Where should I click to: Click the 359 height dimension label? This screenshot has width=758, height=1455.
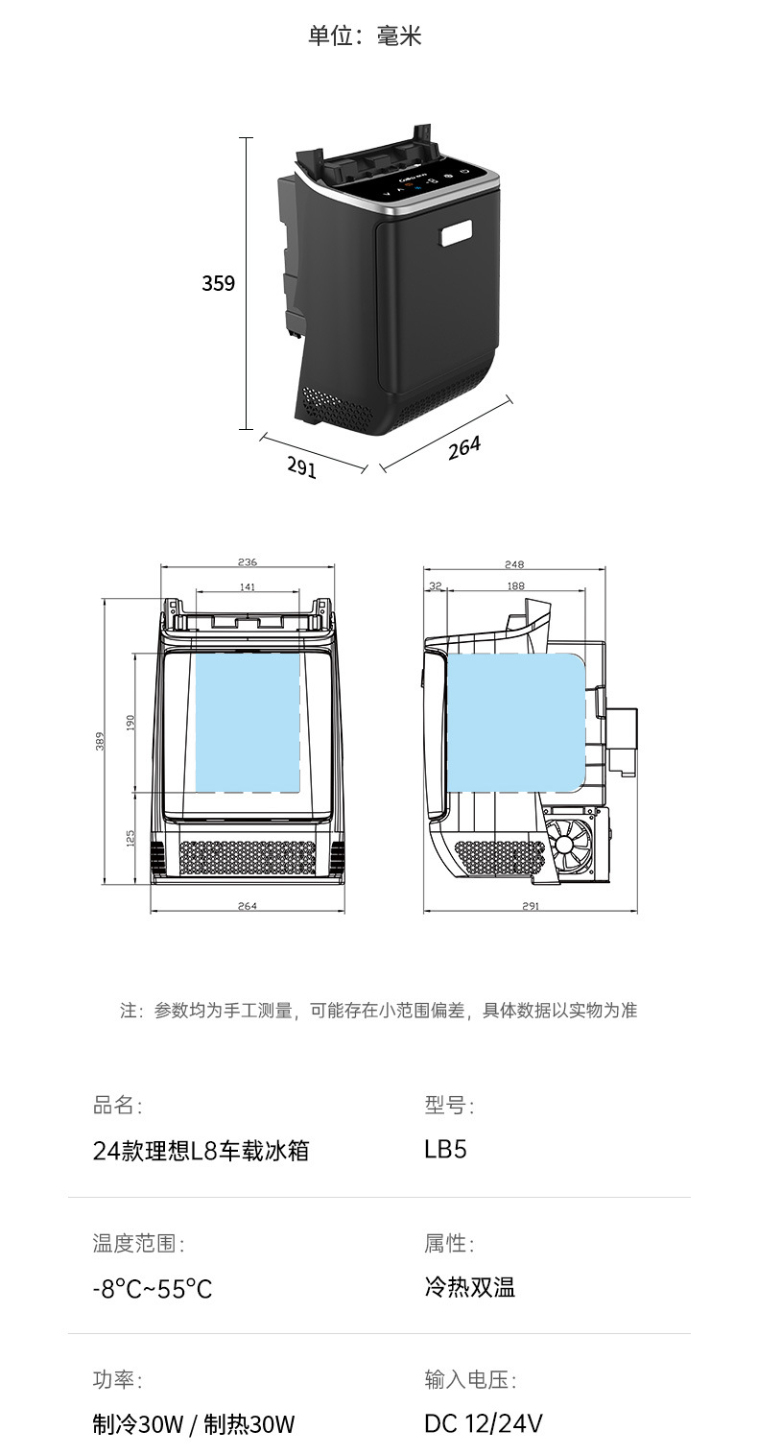click(x=218, y=283)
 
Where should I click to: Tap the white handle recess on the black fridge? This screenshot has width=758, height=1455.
click(x=457, y=233)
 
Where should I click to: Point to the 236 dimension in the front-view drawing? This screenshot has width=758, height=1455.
click(x=247, y=562)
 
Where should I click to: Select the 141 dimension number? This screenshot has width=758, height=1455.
click(x=247, y=586)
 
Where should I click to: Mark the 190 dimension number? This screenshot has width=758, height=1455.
click(x=130, y=722)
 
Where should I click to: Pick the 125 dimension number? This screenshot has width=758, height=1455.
click(x=130, y=838)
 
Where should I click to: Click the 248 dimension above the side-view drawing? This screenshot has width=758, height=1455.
click(x=514, y=564)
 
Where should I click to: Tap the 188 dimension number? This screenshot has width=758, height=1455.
click(x=515, y=585)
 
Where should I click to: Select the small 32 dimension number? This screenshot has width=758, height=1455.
click(x=435, y=585)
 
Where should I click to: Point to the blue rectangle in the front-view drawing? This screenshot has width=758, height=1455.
click(x=248, y=722)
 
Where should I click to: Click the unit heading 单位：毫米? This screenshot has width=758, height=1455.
click(x=365, y=36)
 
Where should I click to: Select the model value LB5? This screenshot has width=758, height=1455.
click(x=445, y=1149)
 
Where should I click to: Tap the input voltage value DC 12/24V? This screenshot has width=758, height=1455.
click(x=483, y=1423)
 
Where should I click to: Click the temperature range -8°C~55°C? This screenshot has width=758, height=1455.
click(x=152, y=1288)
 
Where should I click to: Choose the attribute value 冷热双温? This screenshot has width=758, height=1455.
click(x=469, y=1287)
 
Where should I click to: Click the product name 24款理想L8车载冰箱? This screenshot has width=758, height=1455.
click(x=201, y=1150)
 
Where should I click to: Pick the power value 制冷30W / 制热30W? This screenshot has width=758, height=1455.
click(x=193, y=1424)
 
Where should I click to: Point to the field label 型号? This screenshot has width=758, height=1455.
click(x=448, y=1106)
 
